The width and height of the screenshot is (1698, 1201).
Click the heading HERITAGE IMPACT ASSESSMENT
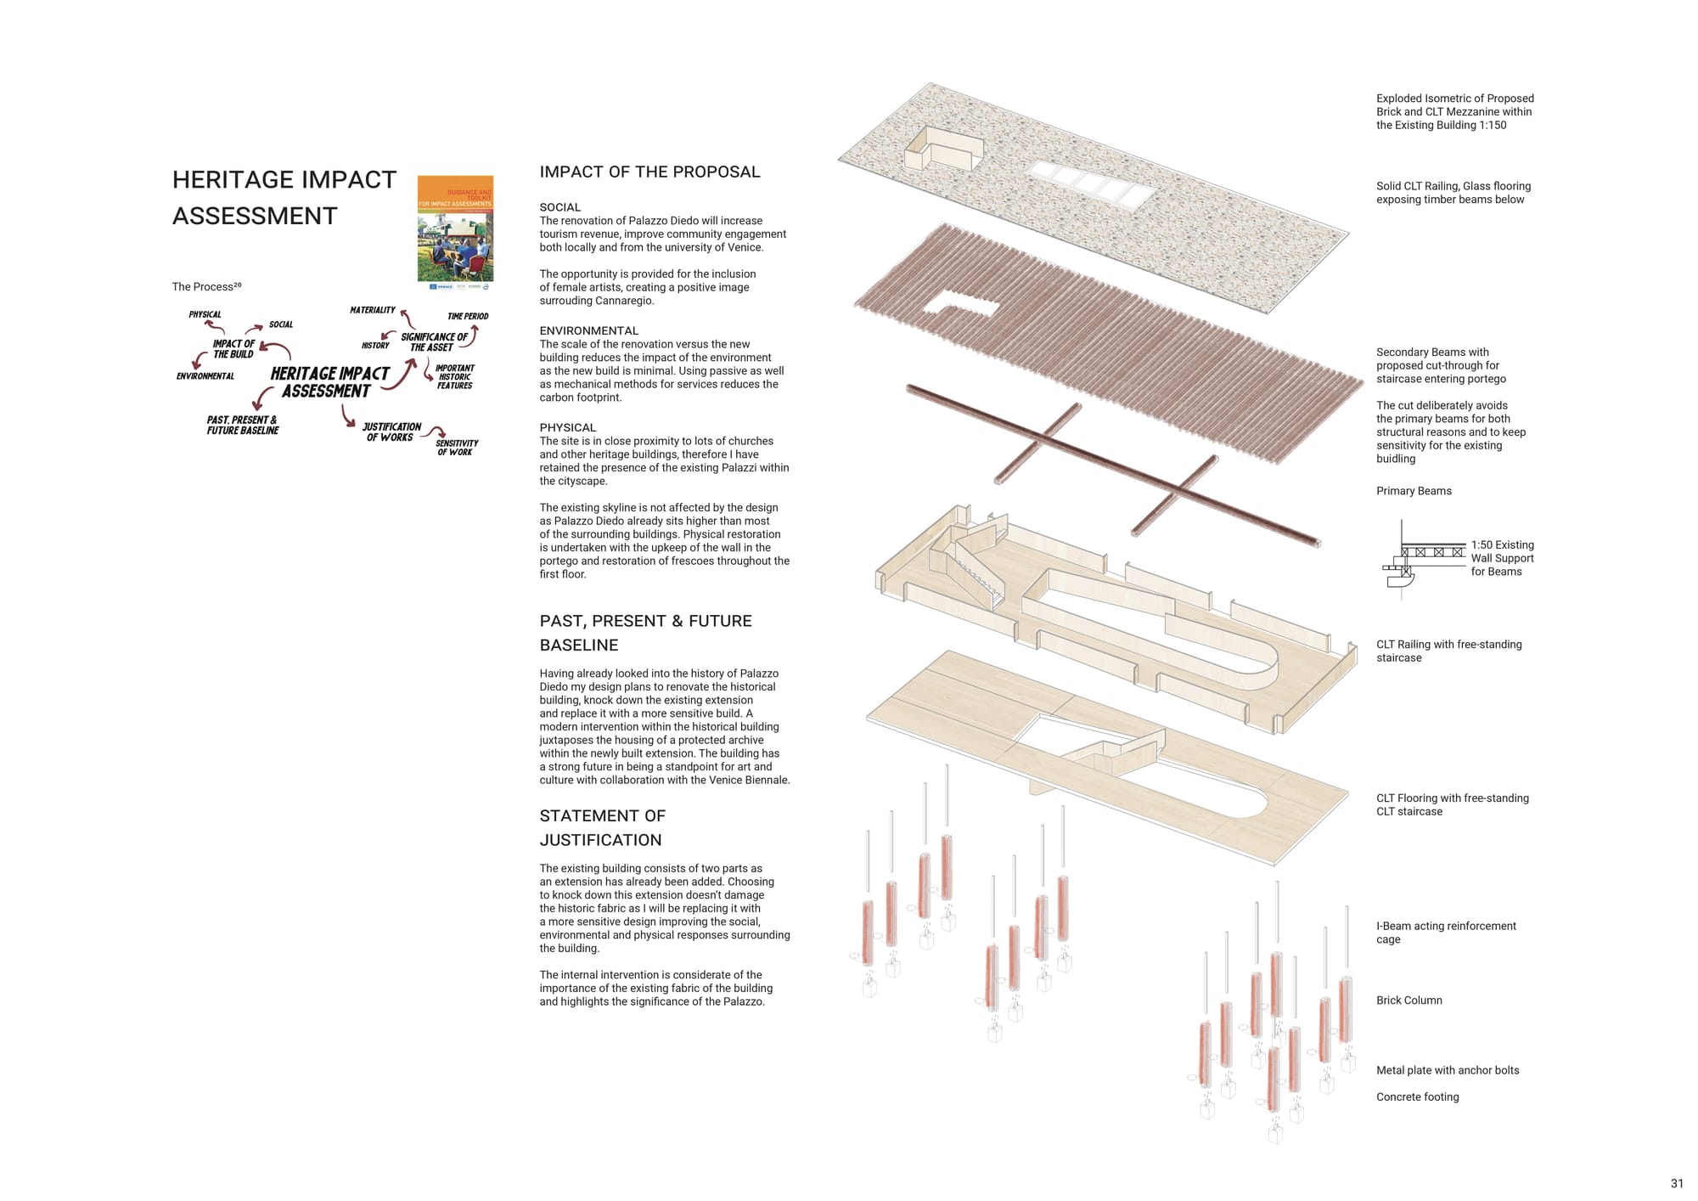pos(284,198)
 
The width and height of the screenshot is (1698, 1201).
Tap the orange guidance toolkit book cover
pos(455,228)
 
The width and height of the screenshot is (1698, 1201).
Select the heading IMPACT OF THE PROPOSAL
pos(649,172)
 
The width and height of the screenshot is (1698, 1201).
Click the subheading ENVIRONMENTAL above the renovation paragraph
pos(588,330)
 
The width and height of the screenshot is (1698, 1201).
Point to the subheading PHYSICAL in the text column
pos(568,427)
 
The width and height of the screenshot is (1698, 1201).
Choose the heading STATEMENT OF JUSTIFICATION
pos(602,827)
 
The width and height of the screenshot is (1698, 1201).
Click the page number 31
pos(1677,1183)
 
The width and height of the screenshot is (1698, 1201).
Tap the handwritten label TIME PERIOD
pos(468,316)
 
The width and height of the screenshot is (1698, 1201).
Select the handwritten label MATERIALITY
pos(373,310)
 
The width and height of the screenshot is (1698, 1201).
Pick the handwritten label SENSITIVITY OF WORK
pos(457,448)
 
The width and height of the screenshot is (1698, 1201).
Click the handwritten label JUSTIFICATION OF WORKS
pos(391,431)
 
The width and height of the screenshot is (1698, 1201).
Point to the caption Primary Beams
pos(1414,491)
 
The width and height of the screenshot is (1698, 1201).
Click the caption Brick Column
pos(1409,1001)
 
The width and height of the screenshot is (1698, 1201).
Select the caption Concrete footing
pos(1418,1097)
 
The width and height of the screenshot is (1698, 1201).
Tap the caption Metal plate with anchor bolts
pos(1448,1070)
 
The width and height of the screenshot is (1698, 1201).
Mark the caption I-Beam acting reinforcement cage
pos(1446,933)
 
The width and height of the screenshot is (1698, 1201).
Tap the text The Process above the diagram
pos(206,286)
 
